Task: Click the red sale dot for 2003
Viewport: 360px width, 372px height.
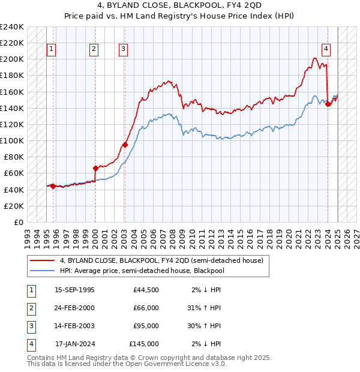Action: pos(125,144)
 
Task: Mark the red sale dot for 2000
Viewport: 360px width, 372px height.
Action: pos(95,168)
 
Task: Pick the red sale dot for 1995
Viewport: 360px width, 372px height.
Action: pos(53,186)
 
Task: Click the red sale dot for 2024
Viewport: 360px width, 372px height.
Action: pos(328,104)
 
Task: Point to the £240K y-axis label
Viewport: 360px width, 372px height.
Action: pos(13,27)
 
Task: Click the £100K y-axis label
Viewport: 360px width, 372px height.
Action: pos(13,140)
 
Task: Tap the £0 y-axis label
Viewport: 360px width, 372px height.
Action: pos(18,222)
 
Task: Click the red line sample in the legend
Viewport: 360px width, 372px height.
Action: pos(42,261)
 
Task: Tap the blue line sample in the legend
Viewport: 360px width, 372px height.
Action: pos(42,271)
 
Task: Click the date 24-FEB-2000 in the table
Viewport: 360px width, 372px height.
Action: pos(74,308)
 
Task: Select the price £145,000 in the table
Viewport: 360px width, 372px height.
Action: pos(144,344)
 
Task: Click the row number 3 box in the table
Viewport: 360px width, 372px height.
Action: pos(29,326)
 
